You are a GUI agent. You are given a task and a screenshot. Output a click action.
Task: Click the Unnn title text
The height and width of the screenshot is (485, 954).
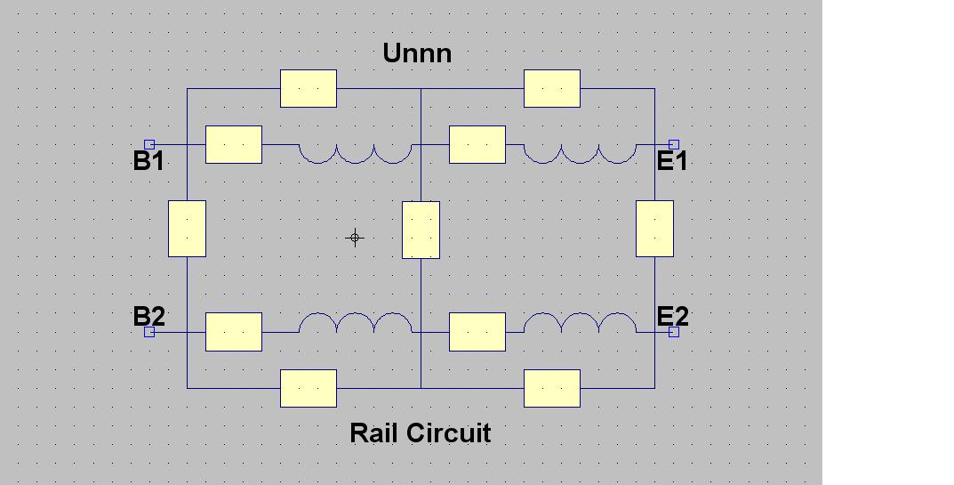click(x=417, y=53)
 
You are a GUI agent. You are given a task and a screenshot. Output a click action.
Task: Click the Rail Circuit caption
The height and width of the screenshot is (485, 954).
click(x=420, y=433)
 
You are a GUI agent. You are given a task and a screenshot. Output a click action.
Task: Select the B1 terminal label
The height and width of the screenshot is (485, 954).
click(x=148, y=161)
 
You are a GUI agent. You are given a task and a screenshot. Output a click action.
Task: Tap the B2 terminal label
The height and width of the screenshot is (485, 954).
click(x=148, y=316)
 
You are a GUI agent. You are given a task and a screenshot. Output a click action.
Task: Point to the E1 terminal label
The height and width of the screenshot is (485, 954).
click(x=672, y=161)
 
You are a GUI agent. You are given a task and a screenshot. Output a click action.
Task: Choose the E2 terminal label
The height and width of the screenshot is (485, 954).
click(x=672, y=316)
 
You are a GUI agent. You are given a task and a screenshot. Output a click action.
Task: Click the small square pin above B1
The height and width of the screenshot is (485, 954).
click(x=149, y=144)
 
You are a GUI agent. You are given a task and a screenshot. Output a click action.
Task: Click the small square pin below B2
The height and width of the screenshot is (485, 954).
click(x=149, y=332)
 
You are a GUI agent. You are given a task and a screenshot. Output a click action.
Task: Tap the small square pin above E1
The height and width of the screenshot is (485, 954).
click(x=674, y=144)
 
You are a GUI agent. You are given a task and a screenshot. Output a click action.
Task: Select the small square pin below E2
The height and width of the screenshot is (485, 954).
click(x=674, y=332)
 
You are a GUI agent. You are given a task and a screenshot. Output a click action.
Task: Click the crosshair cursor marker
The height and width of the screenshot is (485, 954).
click(x=355, y=238)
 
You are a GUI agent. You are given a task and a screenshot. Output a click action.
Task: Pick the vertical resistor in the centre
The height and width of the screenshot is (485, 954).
click(x=421, y=230)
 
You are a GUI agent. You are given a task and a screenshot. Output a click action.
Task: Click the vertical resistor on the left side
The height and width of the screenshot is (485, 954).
click(x=188, y=229)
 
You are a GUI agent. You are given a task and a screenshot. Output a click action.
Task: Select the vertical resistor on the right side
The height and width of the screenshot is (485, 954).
click(x=655, y=229)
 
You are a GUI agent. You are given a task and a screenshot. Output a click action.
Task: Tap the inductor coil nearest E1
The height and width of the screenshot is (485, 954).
click(x=580, y=153)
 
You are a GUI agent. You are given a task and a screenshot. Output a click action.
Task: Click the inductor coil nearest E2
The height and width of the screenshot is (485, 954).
click(x=580, y=323)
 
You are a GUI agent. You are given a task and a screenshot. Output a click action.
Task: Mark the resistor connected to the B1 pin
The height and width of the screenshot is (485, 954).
click(x=234, y=144)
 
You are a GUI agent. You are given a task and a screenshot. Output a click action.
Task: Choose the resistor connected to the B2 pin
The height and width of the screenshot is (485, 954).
click(x=234, y=332)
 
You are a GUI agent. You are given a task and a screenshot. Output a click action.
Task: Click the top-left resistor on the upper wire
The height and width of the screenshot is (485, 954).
click(x=309, y=88)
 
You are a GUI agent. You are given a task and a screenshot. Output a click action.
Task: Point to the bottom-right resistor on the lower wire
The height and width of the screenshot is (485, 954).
click(x=552, y=388)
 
